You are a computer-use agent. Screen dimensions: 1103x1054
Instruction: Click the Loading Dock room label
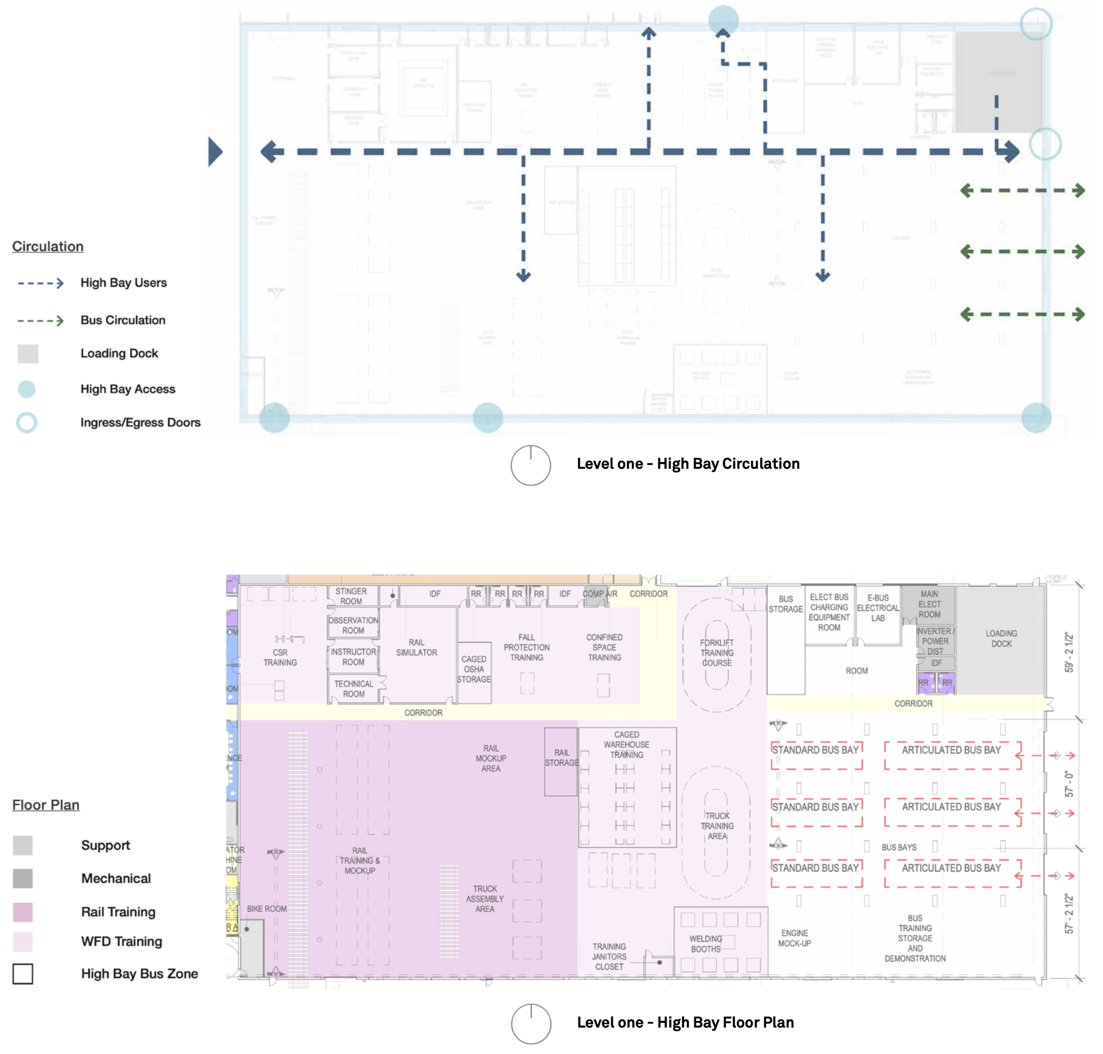(1001, 638)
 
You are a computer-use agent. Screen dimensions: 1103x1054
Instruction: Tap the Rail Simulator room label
(416, 647)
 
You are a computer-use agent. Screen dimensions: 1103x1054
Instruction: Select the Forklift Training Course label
(717, 652)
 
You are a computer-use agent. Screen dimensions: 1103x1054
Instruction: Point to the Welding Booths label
(705, 944)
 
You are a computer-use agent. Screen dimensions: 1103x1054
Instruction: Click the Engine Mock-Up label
(794, 938)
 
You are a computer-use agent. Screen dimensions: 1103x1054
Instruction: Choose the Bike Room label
(266, 908)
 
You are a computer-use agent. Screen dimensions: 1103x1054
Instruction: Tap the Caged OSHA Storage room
(473, 669)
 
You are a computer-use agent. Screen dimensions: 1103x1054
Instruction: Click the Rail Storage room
(561, 758)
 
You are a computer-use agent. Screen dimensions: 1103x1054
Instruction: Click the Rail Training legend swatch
(23, 912)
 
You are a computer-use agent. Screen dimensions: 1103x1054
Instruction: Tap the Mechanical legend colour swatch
(23, 878)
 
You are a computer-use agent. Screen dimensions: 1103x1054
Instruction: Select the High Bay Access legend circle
(26, 389)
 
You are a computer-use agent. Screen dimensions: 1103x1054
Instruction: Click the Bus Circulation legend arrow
(41, 321)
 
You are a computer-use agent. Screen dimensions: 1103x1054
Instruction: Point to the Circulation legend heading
(48, 246)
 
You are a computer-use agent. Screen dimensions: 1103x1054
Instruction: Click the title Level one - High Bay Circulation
(688, 463)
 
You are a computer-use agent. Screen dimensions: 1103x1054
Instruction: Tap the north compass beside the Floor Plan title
(531, 1024)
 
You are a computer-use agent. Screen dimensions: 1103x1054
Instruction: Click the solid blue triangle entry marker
(214, 152)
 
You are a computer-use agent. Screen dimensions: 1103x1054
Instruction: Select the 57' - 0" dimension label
(1069, 784)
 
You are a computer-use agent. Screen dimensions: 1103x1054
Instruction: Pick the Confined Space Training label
(604, 647)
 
